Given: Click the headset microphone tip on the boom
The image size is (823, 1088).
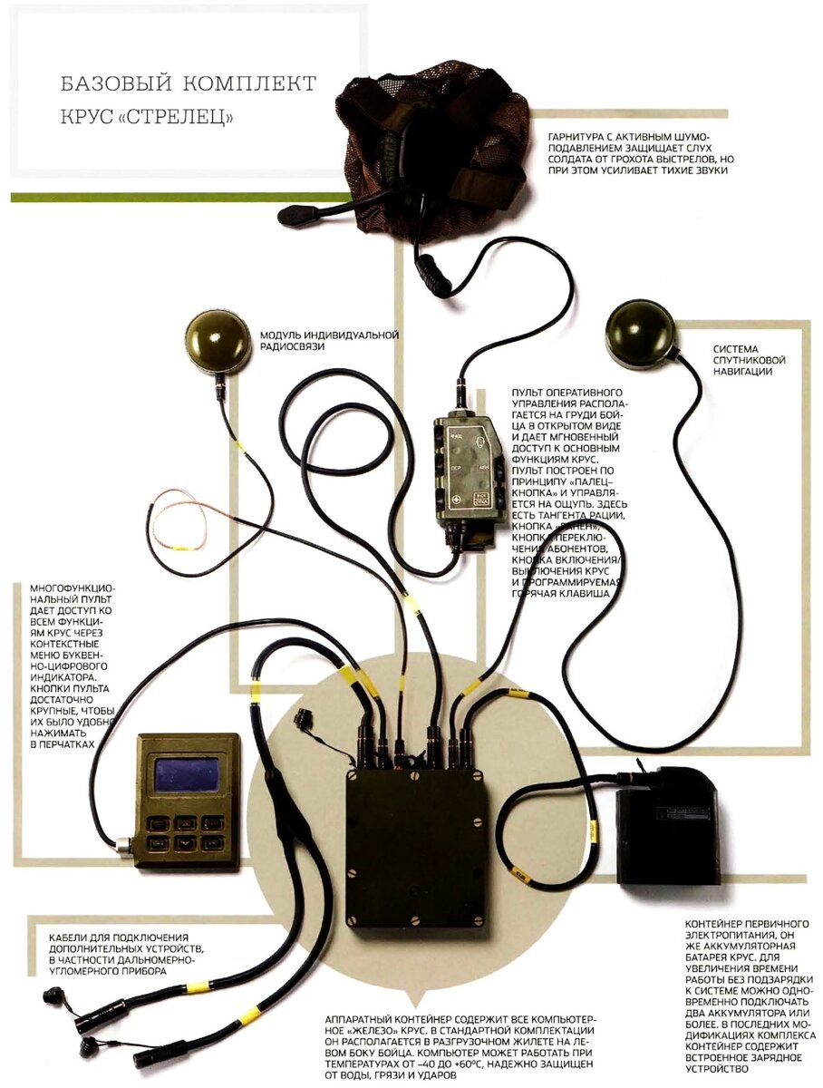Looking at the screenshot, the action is pyautogui.click(x=293, y=216).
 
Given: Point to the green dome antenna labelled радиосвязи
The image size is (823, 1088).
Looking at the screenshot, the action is pyautogui.click(x=218, y=342).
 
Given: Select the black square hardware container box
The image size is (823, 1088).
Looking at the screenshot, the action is pyautogui.click(x=416, y=849).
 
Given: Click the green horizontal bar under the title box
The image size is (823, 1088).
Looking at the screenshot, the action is pyautogui.click(x=181, y=197).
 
